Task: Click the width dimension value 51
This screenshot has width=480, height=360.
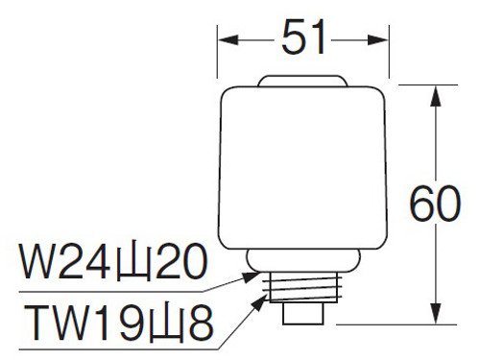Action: click(x=302, y=37)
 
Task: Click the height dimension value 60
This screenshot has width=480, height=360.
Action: click(x=435, y=204)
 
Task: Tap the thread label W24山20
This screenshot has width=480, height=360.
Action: click(x=113, y=262)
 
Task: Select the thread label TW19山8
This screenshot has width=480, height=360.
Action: click(x=119, y=323)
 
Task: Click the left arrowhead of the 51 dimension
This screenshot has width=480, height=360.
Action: click(x=228, y=40)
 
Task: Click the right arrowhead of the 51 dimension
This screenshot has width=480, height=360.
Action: click(x=378, y=40)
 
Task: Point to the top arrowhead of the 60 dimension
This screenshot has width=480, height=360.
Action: click(x=436, y=96)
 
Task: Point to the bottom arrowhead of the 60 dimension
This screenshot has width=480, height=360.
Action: click(x=436, y=314)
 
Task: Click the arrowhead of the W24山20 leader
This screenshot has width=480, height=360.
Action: click(x=252, y=276)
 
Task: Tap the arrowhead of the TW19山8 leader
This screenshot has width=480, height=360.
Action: click(x=260, y=302)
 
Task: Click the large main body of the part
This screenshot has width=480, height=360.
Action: click(x=302, y=168)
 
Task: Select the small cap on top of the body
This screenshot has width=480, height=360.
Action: click(x=302, y=81)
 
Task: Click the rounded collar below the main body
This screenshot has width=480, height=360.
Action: click(x=303, y=260)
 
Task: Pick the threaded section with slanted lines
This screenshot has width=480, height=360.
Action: click(x=305, y=287)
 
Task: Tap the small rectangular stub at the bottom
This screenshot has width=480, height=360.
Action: click(x=303, y=314)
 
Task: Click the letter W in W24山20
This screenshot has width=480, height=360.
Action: click(x=38, y=262)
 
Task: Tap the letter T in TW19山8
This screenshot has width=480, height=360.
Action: click(x=38, y=323)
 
